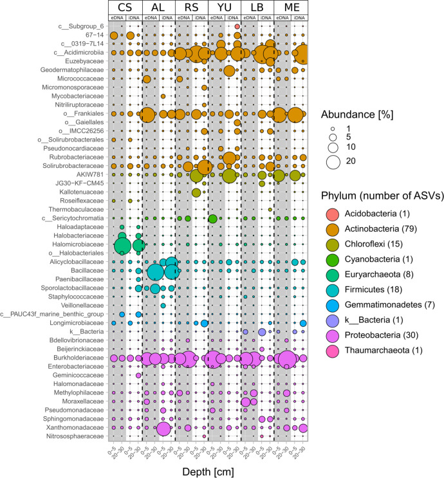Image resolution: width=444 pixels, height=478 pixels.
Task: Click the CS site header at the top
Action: coord(125,7)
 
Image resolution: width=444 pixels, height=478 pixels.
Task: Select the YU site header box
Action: coord(225,7)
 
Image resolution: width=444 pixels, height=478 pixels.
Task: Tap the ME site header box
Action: coord(290,7)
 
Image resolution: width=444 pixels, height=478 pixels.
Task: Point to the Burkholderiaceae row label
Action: coord(74,358)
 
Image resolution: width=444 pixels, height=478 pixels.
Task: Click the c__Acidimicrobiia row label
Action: coord(78,52)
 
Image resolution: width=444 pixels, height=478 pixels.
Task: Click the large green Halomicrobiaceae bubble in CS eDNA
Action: coord(122,245)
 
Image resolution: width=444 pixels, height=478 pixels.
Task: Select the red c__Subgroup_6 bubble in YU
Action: coord(237,26)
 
